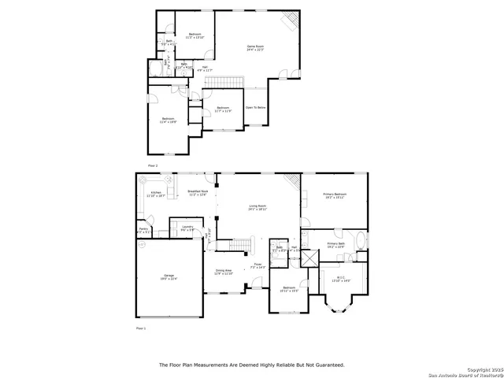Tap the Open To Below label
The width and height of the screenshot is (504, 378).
pos(255,107)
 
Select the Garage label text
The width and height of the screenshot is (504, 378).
pos(169,276)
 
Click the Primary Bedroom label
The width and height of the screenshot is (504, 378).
pos(335,195)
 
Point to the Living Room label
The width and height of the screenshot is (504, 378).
pos(258,209)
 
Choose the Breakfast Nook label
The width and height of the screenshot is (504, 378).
pos(198,192)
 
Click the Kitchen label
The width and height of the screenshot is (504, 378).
pos(156,194)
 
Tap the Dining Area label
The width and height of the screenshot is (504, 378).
pos(224,272)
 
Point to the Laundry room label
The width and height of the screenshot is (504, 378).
pos(187,228)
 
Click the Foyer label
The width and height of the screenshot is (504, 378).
pos(258,265)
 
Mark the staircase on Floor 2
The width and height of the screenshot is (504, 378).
pos(228,83)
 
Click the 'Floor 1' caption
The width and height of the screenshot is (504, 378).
pos(142,327)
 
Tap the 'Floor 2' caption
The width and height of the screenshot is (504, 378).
pos(153,165)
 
